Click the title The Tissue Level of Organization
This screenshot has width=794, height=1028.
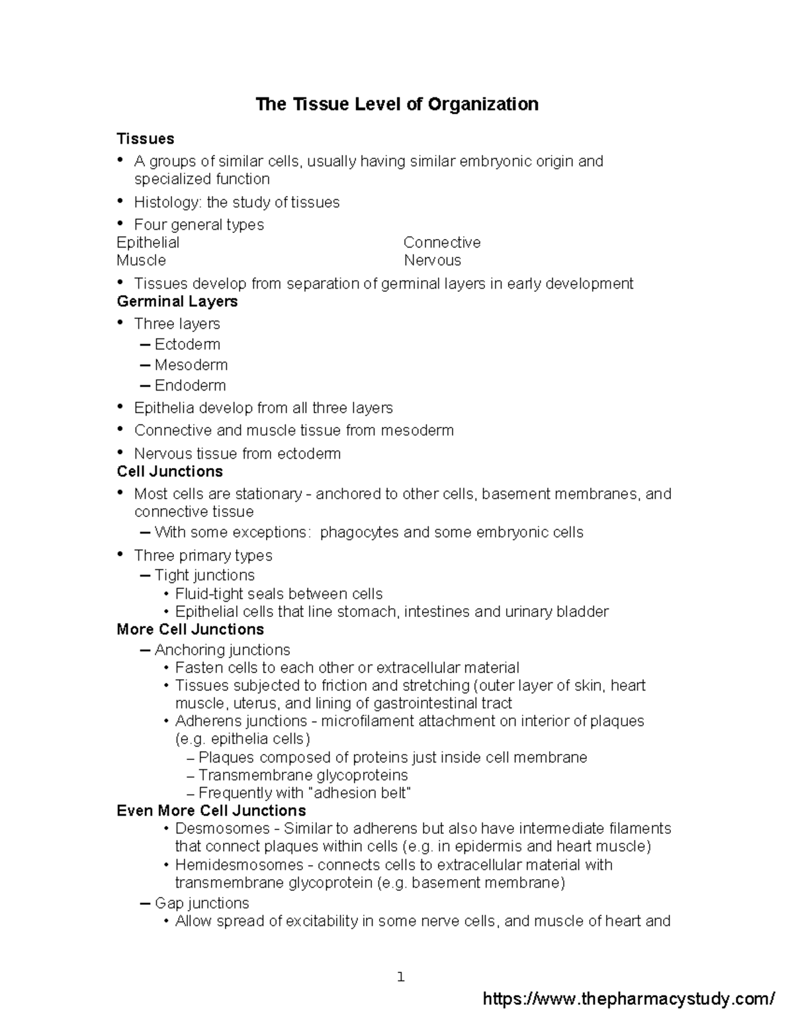coord(397,105)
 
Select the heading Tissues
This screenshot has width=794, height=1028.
coord(145,139)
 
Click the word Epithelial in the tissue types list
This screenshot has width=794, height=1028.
coord(148,242)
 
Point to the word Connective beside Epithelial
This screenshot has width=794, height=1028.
coord(441,242)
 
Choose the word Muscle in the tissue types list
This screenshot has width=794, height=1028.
coord(141,260)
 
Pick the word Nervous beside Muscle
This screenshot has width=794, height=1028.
coord(432,260)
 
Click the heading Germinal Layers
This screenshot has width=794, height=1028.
coord(177,302)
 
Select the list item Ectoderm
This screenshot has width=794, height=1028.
coord(187,344)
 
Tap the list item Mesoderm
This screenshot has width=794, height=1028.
coord(191,365)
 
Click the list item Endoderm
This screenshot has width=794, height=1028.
coord(190,385)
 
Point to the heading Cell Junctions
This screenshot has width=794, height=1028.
coord(169,472)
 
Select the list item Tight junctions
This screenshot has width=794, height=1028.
coord(204,575)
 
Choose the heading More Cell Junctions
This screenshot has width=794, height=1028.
coord(190,630)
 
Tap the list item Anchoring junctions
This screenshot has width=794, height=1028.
coord(222,650)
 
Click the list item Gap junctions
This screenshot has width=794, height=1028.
coord(201,904)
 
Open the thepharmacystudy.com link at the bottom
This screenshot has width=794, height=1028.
coord(629,999)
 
